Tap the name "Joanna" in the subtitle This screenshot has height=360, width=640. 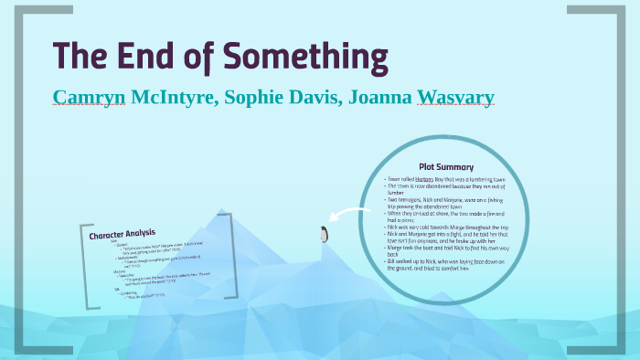point(376,97)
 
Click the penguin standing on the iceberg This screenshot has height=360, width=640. point(323,234)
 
